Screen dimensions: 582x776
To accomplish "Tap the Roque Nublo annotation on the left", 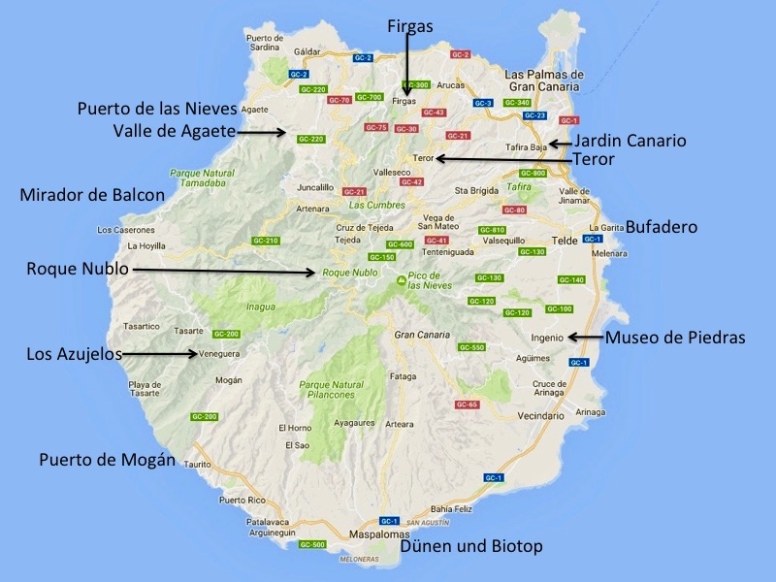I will coord(77,269).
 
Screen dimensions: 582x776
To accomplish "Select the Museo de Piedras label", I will coord(674,338).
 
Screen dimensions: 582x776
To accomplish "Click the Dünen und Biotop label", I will coord(471,546).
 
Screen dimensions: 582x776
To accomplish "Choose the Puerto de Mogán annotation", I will coord(107,459).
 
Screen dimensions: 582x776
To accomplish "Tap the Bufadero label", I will coord(662,227).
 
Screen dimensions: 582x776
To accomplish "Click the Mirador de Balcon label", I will coord(92,195).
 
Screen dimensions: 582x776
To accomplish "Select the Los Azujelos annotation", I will coord(75,354).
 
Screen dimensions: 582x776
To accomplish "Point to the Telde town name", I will coord(565,238).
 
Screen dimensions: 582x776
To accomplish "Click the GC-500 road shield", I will coord(312,544).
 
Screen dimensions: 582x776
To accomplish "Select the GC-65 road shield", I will coord(467,404).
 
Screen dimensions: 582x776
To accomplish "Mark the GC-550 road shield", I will coord(471,347).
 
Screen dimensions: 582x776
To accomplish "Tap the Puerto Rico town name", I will coord(242,501).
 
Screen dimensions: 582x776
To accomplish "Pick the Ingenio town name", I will coord(547,338).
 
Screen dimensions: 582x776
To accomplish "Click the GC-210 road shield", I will coord(266,241).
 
